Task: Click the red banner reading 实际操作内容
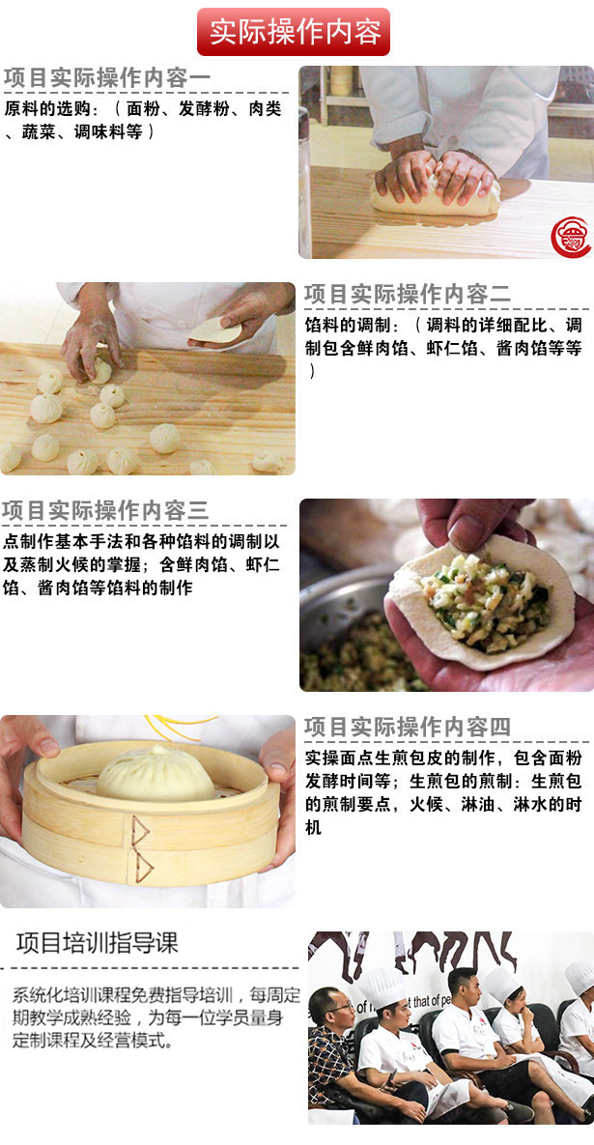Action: pos(294,31)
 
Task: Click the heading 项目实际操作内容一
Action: pos(107,78)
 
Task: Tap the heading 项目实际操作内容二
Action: pos(408,295)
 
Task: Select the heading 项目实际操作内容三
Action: pos(105,510)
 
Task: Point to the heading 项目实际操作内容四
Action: pos(408,727)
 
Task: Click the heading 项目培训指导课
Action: pos(97,943)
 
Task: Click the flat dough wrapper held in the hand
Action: pos(213,330)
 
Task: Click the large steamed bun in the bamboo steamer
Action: pos(156,775)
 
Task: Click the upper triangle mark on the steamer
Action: pos(140,830)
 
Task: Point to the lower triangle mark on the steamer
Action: pos(144,867)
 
